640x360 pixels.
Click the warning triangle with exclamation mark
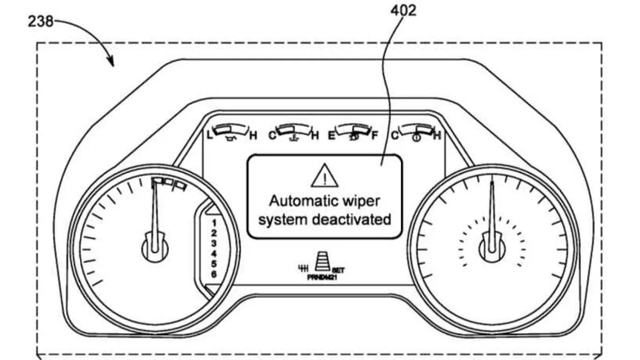pos(324,176)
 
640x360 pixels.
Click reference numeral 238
pos(41,21)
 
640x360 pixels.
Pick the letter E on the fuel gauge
pos(331,136)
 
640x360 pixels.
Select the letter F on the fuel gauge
pos(374,136)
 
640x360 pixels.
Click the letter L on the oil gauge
pos(210,136)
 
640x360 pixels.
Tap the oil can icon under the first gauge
pos(230,138)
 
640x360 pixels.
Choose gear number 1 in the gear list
pos(214,222)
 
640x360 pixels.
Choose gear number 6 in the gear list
pos(214,274)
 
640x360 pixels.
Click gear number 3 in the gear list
pos(214,243)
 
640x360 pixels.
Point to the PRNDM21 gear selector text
pos(323,277)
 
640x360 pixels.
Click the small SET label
pos(339,270)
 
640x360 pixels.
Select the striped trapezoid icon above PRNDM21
pos(322,260)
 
